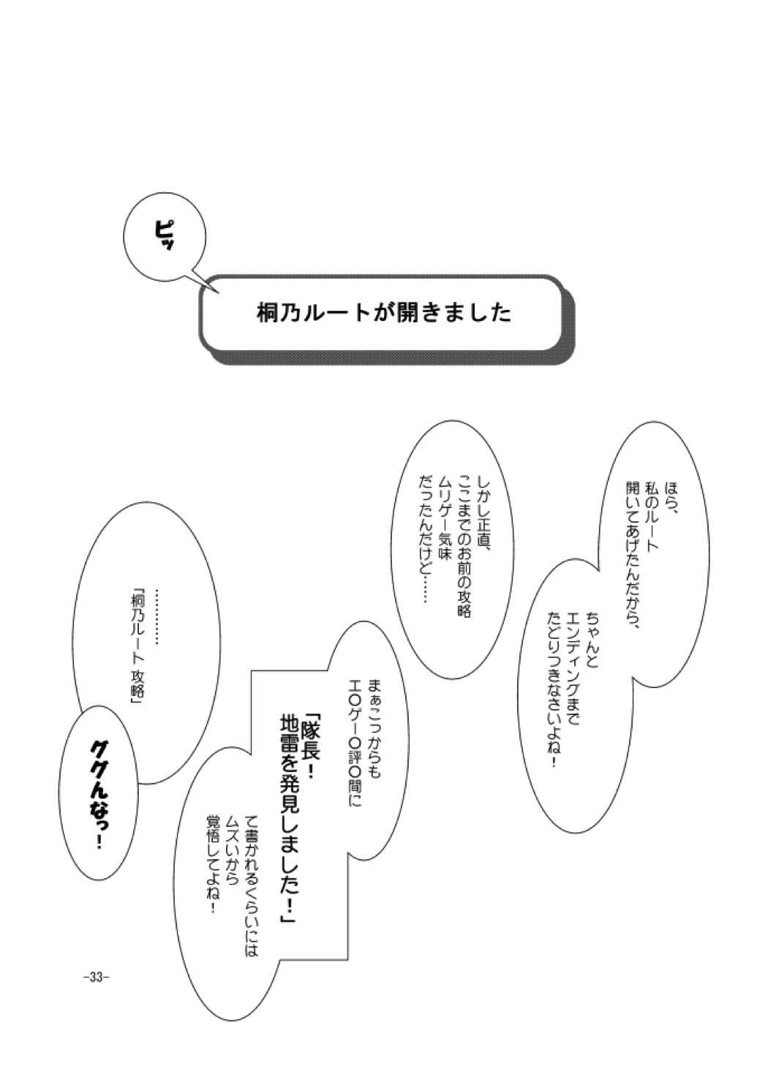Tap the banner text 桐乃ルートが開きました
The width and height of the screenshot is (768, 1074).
tap(383, 313)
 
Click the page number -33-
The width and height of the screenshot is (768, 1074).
tap(96, 976)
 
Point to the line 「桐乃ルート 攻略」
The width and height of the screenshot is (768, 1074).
tap(134, 648)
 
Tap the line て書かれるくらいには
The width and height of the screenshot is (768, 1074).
tap(253, 877)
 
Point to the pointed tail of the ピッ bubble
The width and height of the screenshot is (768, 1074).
tap(217, 291)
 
